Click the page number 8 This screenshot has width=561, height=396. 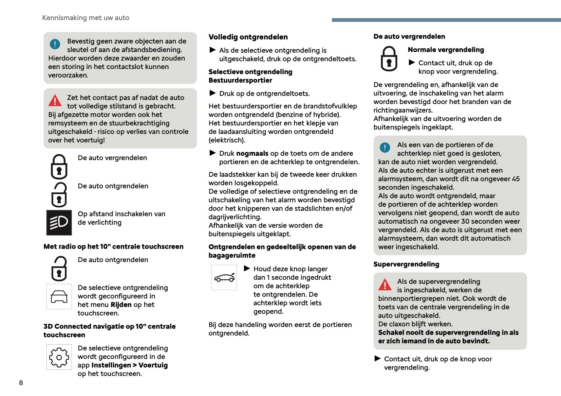point(21,383)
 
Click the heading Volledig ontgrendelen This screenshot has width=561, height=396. point(248,37)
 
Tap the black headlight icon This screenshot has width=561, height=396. point(59,223)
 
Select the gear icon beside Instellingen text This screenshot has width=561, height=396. point(59,357)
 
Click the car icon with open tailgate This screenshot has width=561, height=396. point(224,278)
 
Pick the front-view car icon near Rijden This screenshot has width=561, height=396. point(59,296)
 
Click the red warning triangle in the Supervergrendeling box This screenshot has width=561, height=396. point(385,285)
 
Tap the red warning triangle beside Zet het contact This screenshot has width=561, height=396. point(55,101)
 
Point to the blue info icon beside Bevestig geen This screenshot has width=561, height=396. point(55,44)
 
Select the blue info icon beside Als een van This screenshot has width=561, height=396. point(385,148)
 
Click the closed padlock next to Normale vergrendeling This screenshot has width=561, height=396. point(389,59)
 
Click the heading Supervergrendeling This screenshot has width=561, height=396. point(406,264)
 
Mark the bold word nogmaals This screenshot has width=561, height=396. point(252,153)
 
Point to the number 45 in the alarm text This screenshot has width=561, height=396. point(516,179)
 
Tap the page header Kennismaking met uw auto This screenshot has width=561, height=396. point(86,18)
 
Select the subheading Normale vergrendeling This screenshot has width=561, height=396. point(446,50)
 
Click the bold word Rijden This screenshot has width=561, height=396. point(121,305)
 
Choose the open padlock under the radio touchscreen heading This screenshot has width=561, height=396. point(59,269)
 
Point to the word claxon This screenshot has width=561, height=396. point(395,324)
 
